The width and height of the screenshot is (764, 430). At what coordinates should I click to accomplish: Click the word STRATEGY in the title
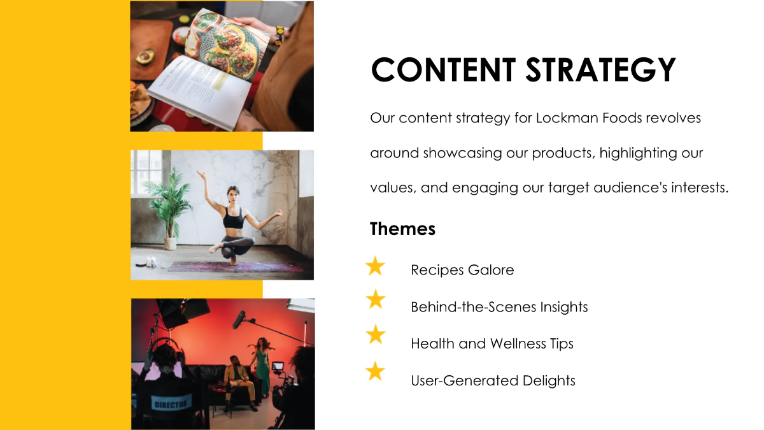coord(600,70)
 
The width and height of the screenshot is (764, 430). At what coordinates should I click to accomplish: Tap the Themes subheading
coord(402,229)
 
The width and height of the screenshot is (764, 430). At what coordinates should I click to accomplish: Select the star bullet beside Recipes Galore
coord(376,266)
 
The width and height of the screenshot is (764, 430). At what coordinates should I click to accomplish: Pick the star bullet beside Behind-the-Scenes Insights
coord(376,299)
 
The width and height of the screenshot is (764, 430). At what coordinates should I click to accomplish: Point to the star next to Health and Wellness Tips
coord(376,334)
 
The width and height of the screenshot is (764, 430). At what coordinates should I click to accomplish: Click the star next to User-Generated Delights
coord(376,371)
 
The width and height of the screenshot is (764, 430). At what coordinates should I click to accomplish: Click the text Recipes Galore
coord(462,270)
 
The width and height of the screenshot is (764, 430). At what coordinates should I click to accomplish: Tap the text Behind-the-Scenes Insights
coord(499,307)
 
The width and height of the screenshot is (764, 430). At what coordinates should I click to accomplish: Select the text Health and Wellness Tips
coord(492,344)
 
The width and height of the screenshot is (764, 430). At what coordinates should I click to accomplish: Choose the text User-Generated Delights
coord(493,381)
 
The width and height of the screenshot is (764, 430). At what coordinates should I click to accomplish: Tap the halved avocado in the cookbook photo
coord(145,56)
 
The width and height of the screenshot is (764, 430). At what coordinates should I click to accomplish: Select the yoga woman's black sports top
coord(232,220)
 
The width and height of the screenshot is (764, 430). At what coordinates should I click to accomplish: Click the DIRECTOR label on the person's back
coord(171,403)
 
